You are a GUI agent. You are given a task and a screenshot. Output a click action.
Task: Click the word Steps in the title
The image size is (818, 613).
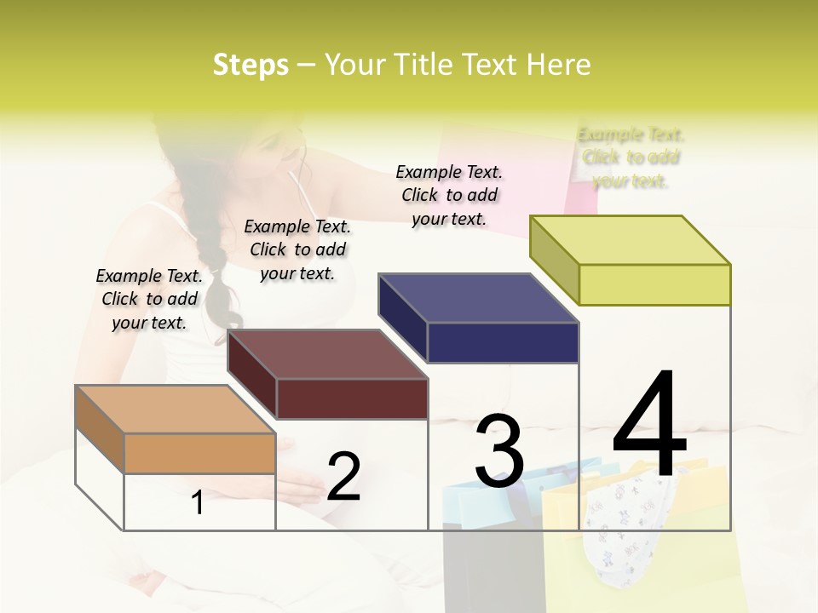click(251, 65)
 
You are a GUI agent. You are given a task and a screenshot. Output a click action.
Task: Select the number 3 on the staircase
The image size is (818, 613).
click(499, 451)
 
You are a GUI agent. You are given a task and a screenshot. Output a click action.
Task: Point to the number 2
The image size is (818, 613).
click(343, 477)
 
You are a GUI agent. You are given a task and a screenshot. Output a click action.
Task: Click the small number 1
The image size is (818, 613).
click(198, 503)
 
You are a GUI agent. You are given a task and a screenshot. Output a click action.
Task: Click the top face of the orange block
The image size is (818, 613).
click(176, 409)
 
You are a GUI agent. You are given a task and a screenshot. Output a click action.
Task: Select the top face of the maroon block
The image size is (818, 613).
click(327, 354)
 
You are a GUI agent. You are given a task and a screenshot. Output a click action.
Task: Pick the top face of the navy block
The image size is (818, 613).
click(478, 298)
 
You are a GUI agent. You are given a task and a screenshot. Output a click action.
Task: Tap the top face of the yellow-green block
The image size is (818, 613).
click(630, 240)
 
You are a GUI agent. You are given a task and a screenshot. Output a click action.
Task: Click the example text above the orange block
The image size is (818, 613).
click(149, 299)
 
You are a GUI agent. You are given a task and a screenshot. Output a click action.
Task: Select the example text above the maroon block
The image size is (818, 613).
click(297, 249)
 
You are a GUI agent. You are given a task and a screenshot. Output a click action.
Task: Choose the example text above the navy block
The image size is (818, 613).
click(449, 195)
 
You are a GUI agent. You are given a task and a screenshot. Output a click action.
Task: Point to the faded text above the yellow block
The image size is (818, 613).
click(631, 158)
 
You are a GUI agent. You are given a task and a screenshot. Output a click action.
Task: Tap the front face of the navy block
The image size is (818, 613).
click(503, 342)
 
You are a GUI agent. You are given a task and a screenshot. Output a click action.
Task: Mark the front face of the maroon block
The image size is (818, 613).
click(352, 398)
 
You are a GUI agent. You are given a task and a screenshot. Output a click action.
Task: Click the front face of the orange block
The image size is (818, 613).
click(199, 453)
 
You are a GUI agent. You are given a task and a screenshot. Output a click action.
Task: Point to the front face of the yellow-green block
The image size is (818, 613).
click(654, 284)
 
